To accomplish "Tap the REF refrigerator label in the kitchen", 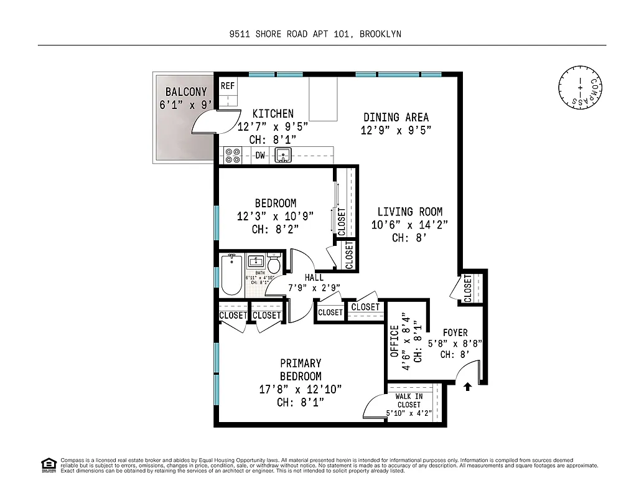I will coord(228,86).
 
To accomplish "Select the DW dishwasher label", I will coord(259,155).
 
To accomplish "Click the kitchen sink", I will coord(284,155).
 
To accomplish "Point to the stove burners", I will coord(233,156).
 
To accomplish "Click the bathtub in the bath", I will coord(231,276).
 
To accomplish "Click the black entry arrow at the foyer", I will coord(467,387).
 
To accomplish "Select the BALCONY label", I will coord(186,92).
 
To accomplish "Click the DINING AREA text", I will coord(396,117).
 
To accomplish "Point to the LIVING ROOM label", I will coord(409,212).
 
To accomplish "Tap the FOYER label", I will coord(455,332).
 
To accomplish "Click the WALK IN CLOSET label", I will coord(409,400).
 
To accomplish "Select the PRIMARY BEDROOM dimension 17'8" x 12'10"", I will coord(300,390).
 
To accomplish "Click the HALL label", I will coord(314,278).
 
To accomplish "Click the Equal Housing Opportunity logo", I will coord(48,465).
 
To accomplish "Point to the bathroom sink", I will coord(256,261).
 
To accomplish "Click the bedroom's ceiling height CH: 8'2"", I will coord(275,229).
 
